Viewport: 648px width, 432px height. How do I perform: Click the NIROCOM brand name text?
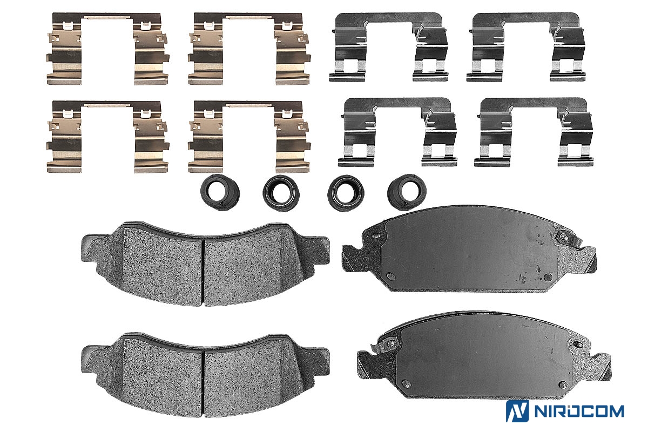[579, 411]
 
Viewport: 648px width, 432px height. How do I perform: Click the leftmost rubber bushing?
[220, 192]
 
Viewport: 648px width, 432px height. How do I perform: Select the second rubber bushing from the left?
[281, 192]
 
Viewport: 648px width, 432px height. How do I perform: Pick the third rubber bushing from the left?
[346, 192]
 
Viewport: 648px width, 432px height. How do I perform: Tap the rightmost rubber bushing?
[407, 192]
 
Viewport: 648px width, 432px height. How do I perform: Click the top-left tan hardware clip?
[64, 49]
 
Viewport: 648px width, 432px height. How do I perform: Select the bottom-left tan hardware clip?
[64, 138]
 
